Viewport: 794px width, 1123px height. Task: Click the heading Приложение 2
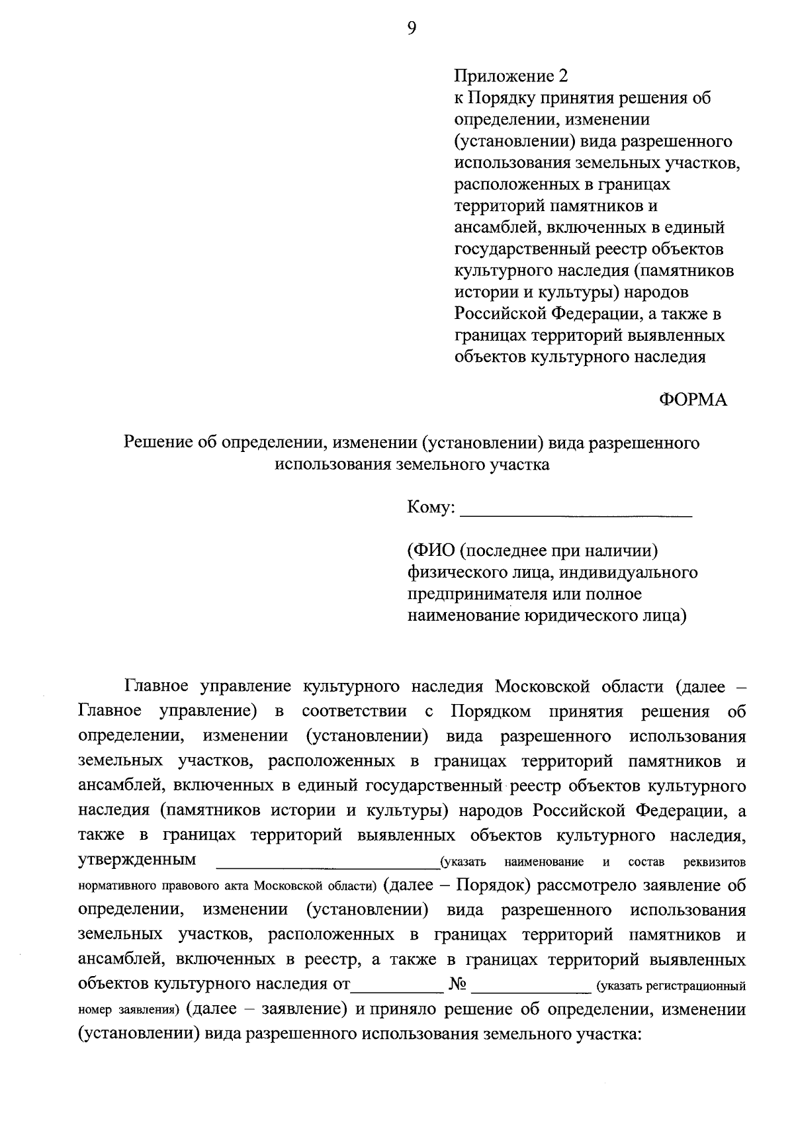(x=510, y=76)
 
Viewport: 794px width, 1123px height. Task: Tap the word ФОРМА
(x=693, y=400)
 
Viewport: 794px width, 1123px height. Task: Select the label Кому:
(x=431, y=508)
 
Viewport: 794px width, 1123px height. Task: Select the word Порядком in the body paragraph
(x=491, y=711)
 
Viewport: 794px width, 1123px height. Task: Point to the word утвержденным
(x=137, y=860)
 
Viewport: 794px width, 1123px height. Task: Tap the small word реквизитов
(x=715, y=862)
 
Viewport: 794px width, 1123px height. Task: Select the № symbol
(x=458, y=985)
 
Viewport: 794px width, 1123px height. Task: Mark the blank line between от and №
(x=397, y=990)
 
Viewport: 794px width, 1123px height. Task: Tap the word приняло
(x=402, y=1009)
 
